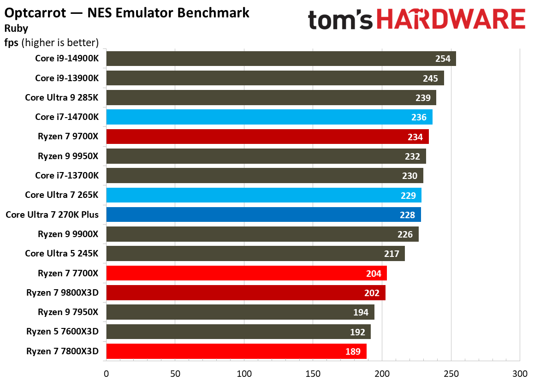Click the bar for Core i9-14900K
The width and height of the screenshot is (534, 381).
click(x=281, y=59)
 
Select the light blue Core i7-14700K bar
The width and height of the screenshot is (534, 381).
click(x=269, y=117)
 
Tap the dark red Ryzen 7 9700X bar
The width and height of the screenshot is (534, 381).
click(x=267, y=137)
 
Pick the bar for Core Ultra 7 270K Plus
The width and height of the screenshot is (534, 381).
click(x=263, y=215)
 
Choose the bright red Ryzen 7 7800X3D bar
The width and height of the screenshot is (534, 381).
click(x=236, y=351)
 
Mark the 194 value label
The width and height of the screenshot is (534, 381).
click(x=361, y=313)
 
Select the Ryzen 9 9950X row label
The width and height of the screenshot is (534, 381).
click(x=68, y=156)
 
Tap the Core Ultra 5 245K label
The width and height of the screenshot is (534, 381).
click(x=62, y=254)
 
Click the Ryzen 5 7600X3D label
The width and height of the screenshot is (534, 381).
click(x=63, y=332)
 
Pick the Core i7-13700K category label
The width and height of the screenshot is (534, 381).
click(x=67, y=176)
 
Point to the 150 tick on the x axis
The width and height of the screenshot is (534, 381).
click(x=313, y=373)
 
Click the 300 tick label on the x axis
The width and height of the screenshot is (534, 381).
click(x=520, y=373)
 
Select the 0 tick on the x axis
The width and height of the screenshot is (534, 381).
click(x=107, y=373)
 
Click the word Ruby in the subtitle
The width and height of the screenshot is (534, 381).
click(x=16, y=28)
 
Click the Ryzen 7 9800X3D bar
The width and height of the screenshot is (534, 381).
click(x=246, y=293)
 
